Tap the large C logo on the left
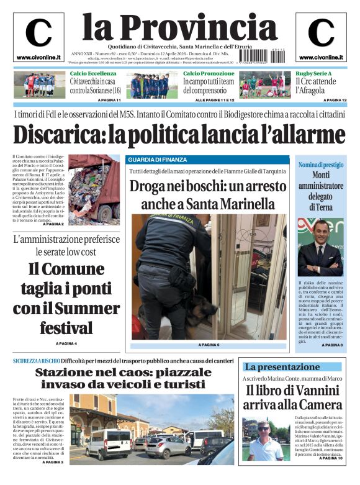pyautogui.click(x=38, y=34)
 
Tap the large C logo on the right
pyautogui.click(x=321, y=34)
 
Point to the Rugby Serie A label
pyautogui.click(x=313, y=74)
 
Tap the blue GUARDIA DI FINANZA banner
pyautogui.click(x=208, y=160)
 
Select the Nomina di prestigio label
pyautogui.click(x=320, y=165)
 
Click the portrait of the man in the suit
pyautogui.click(x=320, y=248)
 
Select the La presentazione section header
pyautogui.click(x=281, y=366)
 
